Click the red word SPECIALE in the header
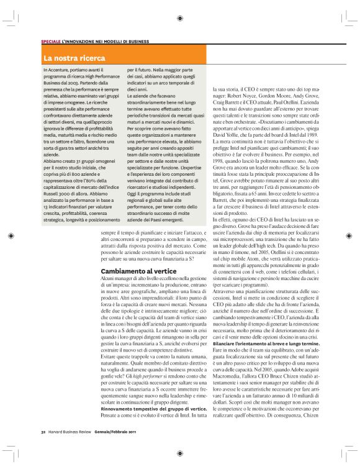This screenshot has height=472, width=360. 51,42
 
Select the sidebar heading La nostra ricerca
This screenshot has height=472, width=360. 74,58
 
